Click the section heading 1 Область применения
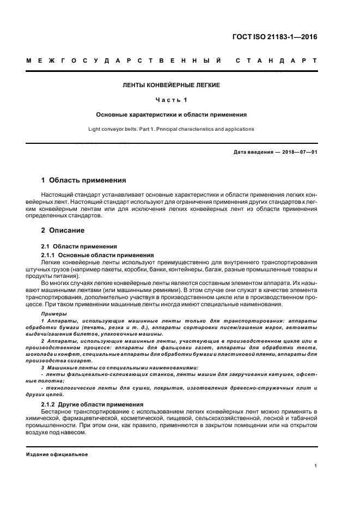[x=84, y=180]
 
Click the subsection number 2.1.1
[x=48, y=255]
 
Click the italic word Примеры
[x=53, y=315]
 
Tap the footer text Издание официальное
[x=57, y=453]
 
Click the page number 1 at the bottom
[x=316, y=466]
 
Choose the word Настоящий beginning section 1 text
[x=59, y=195]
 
